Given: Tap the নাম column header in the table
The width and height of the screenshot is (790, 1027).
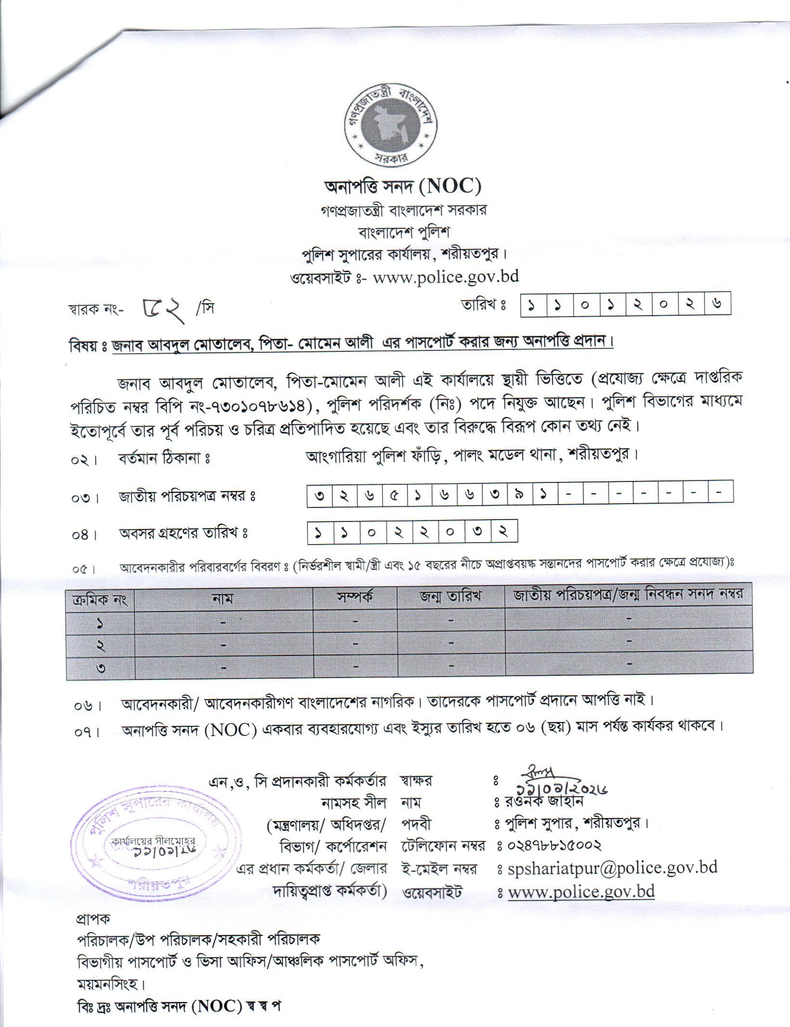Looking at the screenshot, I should pos(223,598).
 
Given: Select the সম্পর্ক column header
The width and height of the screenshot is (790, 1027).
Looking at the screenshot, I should pos(355,597).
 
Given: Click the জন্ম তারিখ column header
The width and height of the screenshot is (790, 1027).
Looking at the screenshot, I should pos(450,597).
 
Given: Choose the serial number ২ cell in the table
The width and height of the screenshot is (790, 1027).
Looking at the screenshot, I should pos(100,645).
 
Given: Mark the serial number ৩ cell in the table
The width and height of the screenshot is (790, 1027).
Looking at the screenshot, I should pos(100,668).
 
